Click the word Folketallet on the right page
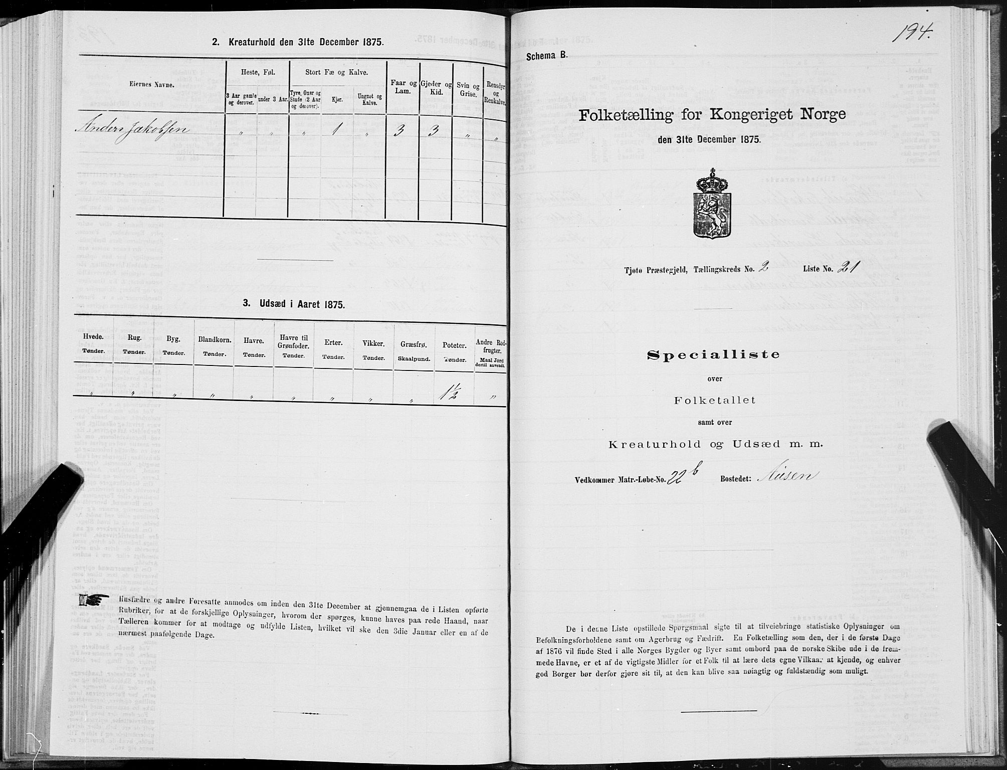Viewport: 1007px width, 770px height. pyautogui.click(x=714, y=401)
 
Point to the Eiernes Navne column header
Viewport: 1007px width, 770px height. pyautogui.click(x=152, y=85)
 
